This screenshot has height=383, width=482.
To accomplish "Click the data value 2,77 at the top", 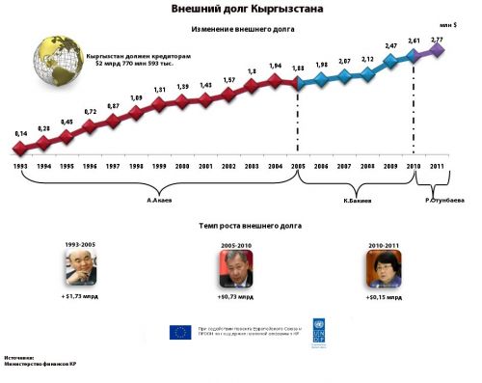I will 438,38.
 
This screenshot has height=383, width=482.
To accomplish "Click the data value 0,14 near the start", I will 20,132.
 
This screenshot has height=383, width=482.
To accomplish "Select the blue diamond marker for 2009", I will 389,62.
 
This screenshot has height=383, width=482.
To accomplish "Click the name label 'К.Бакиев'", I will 359,201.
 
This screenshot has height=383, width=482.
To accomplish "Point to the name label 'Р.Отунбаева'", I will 444,201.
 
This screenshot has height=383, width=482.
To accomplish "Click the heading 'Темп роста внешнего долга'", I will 239,225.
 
